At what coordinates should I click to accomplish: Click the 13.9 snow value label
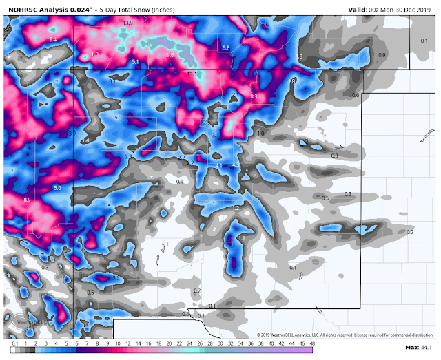pyautogui.click(x=127, y=23)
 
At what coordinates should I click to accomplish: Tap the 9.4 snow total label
pyautogui.click(x=53, y=40)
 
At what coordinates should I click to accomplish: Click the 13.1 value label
pyautogui.click(x=192, y=74)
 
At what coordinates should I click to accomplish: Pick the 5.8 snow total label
pyautogui.click(x=226, y=47)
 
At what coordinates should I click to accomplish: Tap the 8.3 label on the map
pyautogui.click(x=253, y=96)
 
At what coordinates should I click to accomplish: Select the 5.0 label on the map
pyautogui.click(x=58, y=187)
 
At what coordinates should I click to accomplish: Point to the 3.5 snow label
pyautogui.click(x=116, y=278)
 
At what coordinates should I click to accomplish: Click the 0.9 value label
pyautogui.click(x=382, y=54)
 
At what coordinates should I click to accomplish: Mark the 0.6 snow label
pyautogui.click(x=356, y=94)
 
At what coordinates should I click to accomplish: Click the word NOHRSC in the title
pyautogui.click(x=24, y=8)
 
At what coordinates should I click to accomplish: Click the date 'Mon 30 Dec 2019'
pyautogui.click(x=407, y=8)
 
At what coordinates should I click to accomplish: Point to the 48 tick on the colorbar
pyautogui.click(x=313, y=343)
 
